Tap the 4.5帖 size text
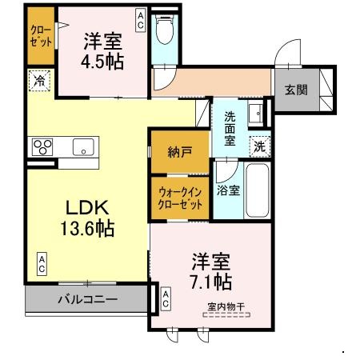[x=103, y=62]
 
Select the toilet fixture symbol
[x=166, y=30]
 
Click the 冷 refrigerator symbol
[x=39, y=80]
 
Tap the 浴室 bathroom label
[x=228, y=190]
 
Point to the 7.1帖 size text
[x=211, y=281]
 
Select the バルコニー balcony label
[x=87, y=299]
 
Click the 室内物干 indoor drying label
[x=226, y=306]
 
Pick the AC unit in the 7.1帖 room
[x=166, y=300]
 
